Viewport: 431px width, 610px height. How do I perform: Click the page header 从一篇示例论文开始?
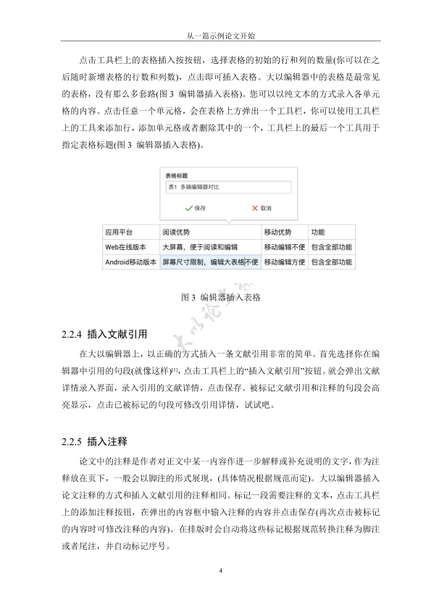215,34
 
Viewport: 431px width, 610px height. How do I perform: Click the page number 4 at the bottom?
219,572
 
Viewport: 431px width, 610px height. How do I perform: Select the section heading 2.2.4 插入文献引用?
105,335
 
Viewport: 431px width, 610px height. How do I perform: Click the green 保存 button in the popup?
195,208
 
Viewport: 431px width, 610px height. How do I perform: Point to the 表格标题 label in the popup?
177,175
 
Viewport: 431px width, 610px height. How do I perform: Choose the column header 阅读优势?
176,233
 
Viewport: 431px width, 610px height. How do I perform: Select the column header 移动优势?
277,233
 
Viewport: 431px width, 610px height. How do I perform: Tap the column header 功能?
317,233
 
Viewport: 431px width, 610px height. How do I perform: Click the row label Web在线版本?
126,247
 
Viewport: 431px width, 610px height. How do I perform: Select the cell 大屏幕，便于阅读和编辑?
200,247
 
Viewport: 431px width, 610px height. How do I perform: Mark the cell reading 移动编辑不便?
284,247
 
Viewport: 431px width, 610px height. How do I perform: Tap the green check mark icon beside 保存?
188,208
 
